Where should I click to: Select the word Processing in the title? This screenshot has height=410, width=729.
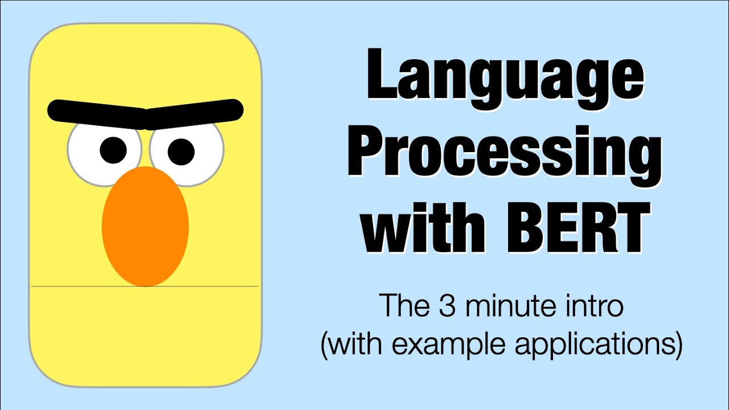coord(505,151)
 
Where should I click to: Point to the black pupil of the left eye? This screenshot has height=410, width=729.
coord(113,150)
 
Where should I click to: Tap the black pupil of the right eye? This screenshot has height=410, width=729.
coord(181,151)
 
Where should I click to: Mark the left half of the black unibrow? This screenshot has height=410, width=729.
coord(97,113)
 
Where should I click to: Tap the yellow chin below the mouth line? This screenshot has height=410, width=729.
coord(145,330)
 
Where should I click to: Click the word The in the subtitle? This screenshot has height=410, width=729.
coord(402,306)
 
